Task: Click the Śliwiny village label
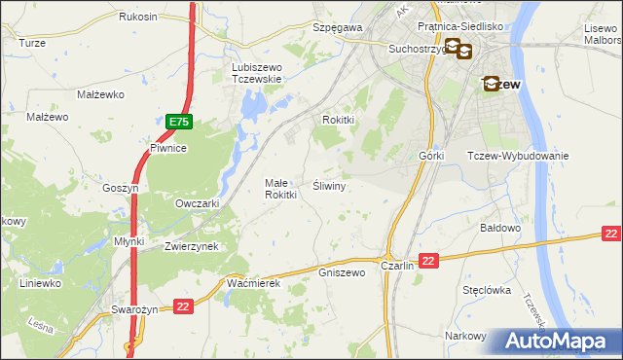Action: (330, 185)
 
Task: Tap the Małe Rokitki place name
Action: (280, 189)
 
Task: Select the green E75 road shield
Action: (178, 123)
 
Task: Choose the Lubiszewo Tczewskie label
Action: (256, 73)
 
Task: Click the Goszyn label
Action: (122, 188)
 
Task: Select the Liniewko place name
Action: (41, 283)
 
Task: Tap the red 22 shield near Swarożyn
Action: (183, 307)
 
